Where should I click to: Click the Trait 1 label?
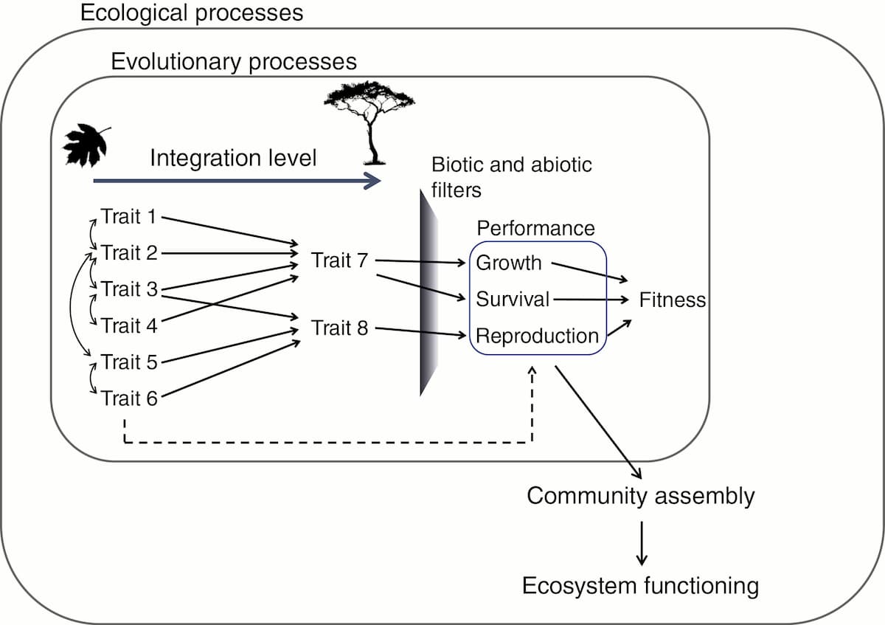(130, 217)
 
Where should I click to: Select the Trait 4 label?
(130, 325)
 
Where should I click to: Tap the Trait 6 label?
(130, 398)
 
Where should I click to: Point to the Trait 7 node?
(339, 260)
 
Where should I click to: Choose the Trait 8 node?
(339, 328)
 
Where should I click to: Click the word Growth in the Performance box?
(509, 263)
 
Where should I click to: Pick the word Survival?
(513, 300)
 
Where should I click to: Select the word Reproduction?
(537, 336)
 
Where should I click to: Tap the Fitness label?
(672, 300)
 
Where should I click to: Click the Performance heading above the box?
(535, 228)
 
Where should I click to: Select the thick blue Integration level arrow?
(236, 180)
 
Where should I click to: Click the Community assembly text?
(640, 496)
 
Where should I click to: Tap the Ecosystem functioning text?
(640, 586)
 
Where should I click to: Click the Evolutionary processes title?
(233, 61)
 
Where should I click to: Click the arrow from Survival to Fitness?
(590, 300)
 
